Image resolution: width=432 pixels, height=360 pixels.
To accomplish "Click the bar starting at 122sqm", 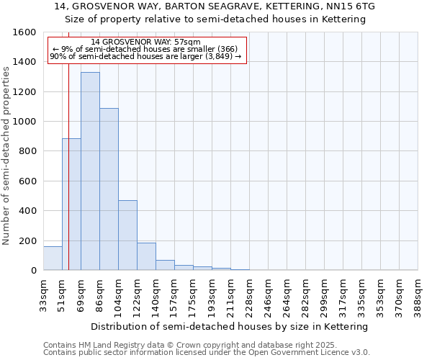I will point(146,256).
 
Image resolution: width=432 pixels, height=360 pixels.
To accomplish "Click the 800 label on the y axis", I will point(27,151).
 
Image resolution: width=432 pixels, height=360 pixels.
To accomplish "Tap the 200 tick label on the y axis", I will point(27,240).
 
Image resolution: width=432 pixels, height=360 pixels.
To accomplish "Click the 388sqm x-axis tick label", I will point(418,294).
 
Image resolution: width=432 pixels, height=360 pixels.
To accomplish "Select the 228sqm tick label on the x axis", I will point(250,294).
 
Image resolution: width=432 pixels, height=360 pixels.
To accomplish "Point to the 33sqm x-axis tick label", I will point(44,294).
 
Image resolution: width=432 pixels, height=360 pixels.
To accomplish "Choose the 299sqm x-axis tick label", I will point(325,294).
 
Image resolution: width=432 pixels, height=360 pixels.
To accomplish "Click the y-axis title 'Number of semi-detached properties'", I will point(6,152).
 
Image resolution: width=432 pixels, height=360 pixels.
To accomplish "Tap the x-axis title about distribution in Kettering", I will point(230,326).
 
